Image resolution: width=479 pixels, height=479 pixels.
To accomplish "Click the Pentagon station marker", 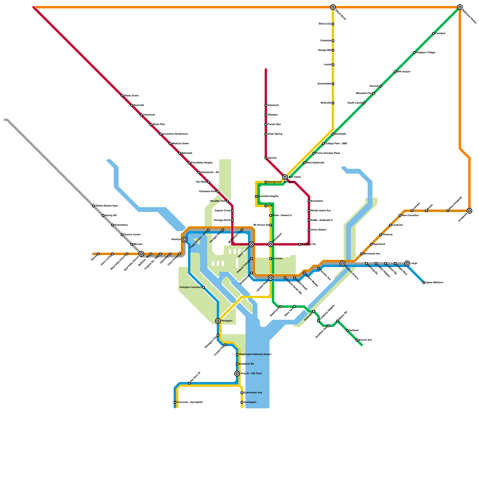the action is point(218,321).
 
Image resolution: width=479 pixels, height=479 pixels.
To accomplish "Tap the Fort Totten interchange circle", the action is point(285,177).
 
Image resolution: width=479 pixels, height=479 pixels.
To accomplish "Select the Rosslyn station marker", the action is point(184,239).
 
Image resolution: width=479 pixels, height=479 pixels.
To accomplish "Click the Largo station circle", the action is point(407,263).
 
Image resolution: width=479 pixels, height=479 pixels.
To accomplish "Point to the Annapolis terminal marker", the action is point(469,211).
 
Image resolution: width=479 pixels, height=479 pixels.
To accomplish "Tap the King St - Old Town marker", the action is point(237,374).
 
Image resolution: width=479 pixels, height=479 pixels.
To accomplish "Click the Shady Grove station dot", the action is point(122,96).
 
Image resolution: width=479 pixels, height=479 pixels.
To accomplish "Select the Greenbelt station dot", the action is point(333,134).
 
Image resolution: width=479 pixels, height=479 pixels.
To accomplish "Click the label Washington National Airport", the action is point(255,354).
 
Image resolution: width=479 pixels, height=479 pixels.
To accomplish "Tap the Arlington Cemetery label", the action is point(190,287).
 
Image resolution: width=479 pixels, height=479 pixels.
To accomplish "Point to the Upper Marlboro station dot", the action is point(424,283).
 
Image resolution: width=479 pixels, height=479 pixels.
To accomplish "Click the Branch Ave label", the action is point(365,340).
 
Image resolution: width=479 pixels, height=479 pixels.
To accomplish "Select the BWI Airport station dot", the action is point(395,72).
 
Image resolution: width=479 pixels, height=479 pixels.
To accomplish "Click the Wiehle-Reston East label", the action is point(106,206).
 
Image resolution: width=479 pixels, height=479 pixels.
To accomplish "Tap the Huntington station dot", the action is point(242,402).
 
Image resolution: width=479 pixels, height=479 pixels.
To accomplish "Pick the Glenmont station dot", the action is point(266,105).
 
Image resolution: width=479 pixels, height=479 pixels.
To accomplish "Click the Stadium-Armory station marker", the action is point(342,263).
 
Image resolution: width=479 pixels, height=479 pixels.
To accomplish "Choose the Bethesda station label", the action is point(187,153).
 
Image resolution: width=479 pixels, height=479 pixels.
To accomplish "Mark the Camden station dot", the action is point(433,34).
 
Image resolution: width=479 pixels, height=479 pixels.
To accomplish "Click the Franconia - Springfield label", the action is point(190,402).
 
